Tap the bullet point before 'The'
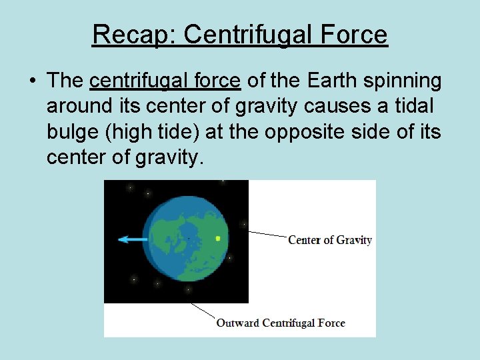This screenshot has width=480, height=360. (x=32, y=81)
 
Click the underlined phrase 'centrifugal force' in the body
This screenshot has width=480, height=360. (x=165, y=81)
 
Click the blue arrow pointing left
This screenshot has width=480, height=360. (x=133, y=239)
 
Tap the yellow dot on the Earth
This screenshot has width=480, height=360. (x=218, y=238)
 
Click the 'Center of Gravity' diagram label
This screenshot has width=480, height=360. (x=329, y=240)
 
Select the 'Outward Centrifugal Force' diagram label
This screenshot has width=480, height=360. (x=280, y=323)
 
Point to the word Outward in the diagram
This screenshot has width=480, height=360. (x=237, y=323)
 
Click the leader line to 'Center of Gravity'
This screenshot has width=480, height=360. (x=267, y=235)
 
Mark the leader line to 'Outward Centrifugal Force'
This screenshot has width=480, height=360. (x=203, y=310)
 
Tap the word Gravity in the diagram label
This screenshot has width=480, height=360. (x=354, y=240)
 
